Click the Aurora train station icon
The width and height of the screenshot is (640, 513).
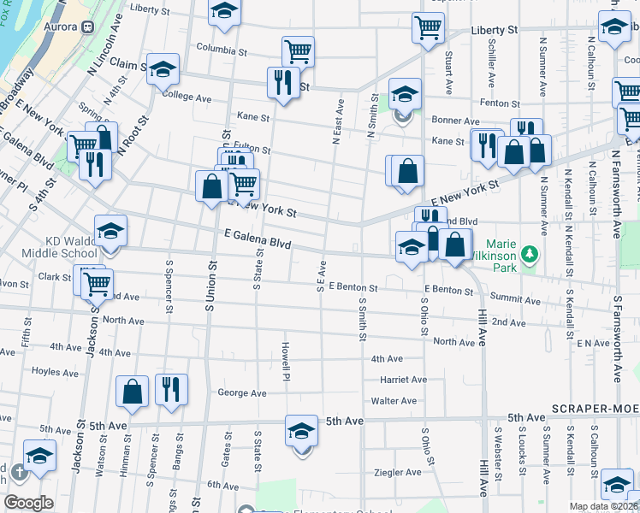tap(87, 27)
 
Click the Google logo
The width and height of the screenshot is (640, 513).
tap(28, 503)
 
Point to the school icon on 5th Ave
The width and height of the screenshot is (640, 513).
tap(301, 429)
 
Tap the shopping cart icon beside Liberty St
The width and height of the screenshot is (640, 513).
tap(428, 26)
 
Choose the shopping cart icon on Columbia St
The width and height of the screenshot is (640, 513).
tap(298, 50)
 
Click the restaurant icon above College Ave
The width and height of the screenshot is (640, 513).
tap(282, 81)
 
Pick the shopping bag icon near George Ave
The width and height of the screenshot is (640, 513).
tap(133, 391)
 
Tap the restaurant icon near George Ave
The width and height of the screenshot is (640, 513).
tap(170, 391)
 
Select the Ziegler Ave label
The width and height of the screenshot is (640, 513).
tap(398, 472)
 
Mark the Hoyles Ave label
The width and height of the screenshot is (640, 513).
tap(55, 372)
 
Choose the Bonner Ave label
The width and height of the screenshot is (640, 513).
tap(455, 121)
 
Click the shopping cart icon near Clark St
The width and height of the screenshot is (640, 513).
tap(97, 283)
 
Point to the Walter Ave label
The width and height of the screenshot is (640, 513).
tap(394, 401)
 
